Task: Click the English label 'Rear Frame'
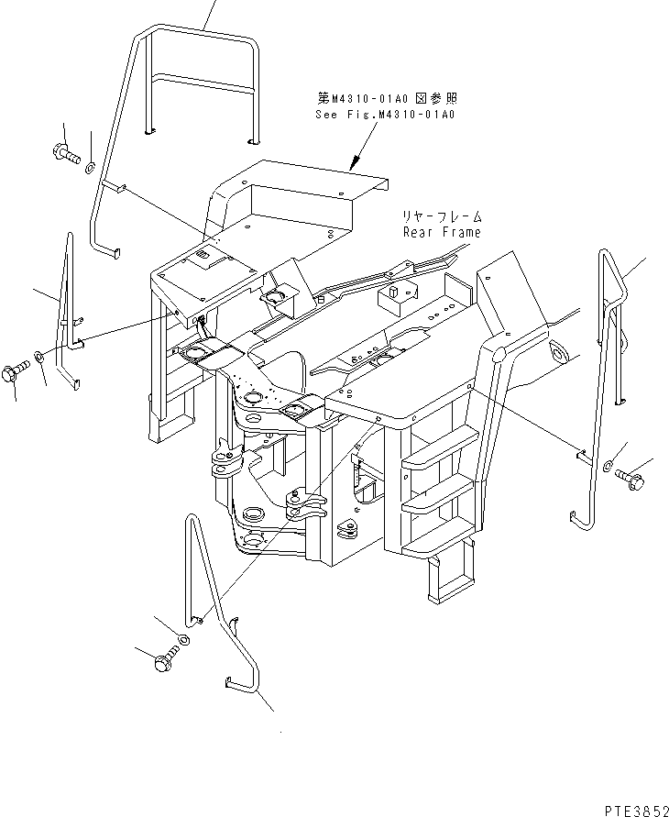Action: pyautogui.click(x=441, y=232)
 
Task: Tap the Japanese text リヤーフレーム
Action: pyautogui.click(x=441, y=217)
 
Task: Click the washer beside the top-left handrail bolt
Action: pyautogui.click(x=90, y=167)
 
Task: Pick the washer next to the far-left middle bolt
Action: pyautogui.click(x=38, y=356)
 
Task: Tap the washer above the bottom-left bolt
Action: pyautogui.click(x=182, y=639)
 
